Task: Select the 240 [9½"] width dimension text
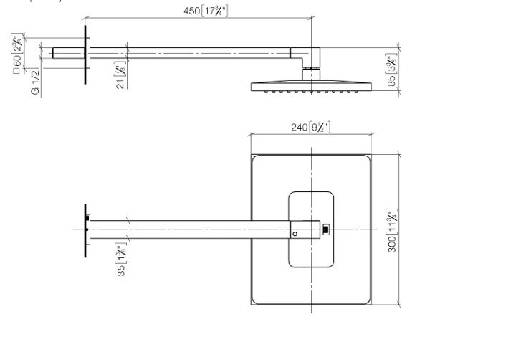(x=310, y=127)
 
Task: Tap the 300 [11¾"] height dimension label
(x=392, y=229)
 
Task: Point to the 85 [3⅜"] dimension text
(x=391, y=72)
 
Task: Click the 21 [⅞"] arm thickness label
(x=121, y=75)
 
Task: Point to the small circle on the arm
(x=295, y=234)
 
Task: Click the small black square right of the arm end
(x=327, y=229)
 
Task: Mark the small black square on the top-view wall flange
(x=88, y=217)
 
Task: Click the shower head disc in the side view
(x=311, y=86)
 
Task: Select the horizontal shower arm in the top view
(x=193, y=229)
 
